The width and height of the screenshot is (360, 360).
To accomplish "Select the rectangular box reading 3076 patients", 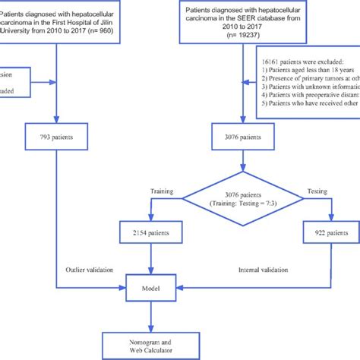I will click(x=242, y=139).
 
